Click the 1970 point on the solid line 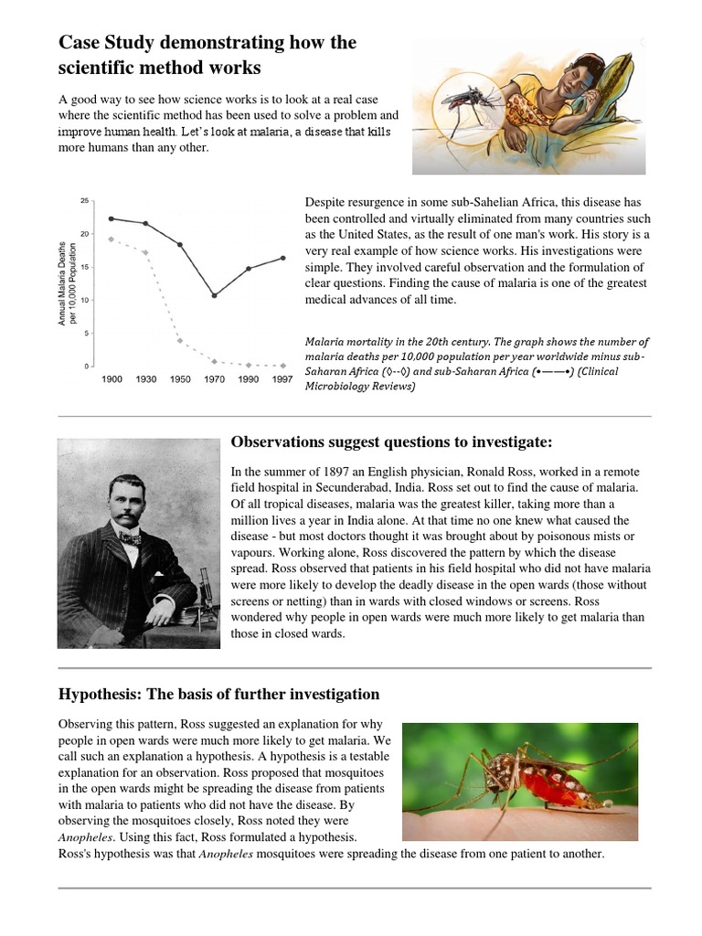point(214,295)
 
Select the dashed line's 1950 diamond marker point(180,341)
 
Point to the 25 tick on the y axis point(85,201)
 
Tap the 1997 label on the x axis point(282,378)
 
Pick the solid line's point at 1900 point(112,218)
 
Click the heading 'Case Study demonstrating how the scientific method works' point(207,55)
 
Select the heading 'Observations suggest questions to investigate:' point(391,442)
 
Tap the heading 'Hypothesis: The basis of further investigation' point(218,693)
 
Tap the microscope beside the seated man point(207,604)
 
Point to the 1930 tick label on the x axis point(146,378)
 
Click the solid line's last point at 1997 point(282,258)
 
